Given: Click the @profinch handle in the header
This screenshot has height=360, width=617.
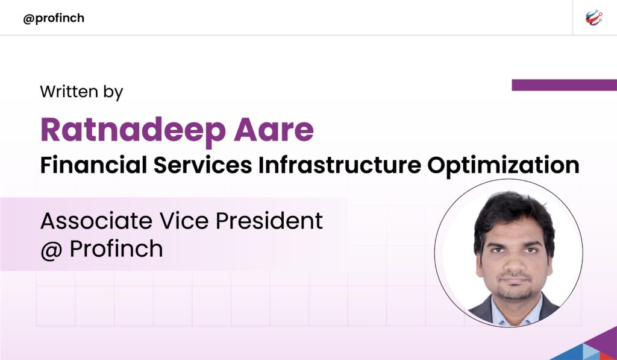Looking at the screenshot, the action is tap(54, 19).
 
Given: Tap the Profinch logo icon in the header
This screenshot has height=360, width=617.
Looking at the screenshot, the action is tap(594, 18).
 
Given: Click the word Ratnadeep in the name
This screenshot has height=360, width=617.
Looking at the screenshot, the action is tap(133, 130).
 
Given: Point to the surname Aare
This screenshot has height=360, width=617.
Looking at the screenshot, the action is tap(274, 130).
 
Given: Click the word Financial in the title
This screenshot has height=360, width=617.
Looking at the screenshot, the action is tap(93, 165).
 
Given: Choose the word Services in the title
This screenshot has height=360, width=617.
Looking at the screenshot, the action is tap(202, 165).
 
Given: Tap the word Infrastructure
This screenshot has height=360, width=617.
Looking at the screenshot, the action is tap(340, 165).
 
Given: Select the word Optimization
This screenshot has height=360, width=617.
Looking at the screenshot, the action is tap(503, 165).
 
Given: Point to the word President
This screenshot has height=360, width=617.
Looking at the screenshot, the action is tap(269, 221).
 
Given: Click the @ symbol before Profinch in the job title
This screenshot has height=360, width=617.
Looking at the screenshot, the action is tap(52, 250).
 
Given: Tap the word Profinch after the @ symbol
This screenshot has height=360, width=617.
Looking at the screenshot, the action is tap(116, 249).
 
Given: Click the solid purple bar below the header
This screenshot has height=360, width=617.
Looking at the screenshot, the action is tap(564, 85).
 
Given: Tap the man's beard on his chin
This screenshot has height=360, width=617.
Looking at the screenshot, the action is tap(514, 294).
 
